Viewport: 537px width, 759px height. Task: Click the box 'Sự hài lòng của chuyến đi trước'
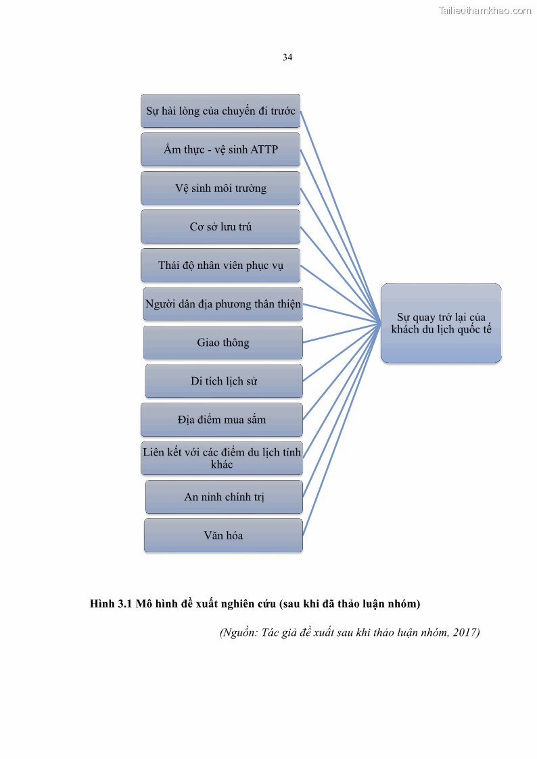click(x=220, y=111)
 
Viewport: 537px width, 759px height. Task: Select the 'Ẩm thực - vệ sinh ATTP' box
click(x=220, y=149)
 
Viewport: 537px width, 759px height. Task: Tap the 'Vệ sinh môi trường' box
click(x=220, y=188)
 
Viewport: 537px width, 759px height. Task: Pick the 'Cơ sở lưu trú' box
click(x=220, y=226)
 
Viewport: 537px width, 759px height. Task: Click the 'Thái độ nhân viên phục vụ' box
click(x=220, y=265)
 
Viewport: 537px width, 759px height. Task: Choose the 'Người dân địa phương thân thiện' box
click(x=223, y=303)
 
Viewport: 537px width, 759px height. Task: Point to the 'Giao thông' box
click(x=223, y=343)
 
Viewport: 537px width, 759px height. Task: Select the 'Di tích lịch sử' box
click(x=224, y=381)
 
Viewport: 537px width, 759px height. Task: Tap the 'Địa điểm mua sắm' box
click(x=222, y=420)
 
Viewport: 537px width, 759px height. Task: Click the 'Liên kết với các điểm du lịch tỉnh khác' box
click(x=222, y=458)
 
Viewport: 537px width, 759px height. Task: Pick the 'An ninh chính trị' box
click(x=224, y=497)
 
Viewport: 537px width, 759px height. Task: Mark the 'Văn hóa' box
click(x=223, y=535)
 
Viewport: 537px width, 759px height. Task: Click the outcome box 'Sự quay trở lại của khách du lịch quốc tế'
click(x=441, y=323)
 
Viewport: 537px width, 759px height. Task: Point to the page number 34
click(x=287, y=57)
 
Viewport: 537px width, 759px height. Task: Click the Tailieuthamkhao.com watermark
click(x=484, y=11)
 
